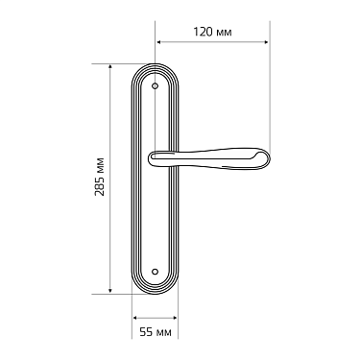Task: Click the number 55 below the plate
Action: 146,332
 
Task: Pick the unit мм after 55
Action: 164,332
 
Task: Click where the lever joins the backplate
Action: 156,158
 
